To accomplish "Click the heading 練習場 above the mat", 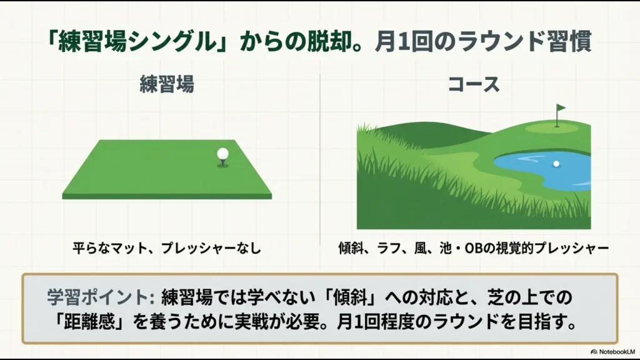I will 167,84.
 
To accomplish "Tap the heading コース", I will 474,84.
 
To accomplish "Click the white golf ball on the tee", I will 222,154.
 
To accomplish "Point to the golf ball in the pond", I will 556,164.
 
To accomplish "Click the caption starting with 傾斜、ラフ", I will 472,248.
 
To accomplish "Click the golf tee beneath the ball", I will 222,163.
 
